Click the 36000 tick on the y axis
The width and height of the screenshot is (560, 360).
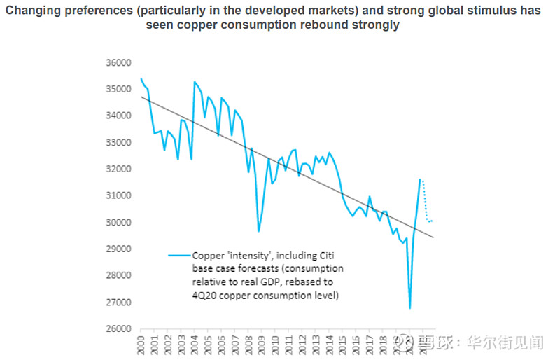coord(118,62)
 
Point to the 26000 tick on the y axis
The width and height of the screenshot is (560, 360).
coord(118,328)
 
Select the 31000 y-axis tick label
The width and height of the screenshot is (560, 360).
coord(118,195)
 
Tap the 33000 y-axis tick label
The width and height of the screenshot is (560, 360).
coord(118,142)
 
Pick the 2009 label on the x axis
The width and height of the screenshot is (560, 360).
coord(260,345)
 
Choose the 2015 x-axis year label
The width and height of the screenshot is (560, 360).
coord(339,345)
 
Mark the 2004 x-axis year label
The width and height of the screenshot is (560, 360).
coord(195,345)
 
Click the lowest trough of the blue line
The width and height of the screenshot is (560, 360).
coord(409,308)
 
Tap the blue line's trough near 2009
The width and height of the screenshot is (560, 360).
coord(258,231)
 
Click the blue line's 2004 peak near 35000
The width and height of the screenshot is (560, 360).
coord(195,82)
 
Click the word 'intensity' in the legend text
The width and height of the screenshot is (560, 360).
coord(242,256)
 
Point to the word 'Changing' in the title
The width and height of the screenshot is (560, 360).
coord(36,11)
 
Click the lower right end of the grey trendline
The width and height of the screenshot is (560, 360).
coord(434,237)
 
